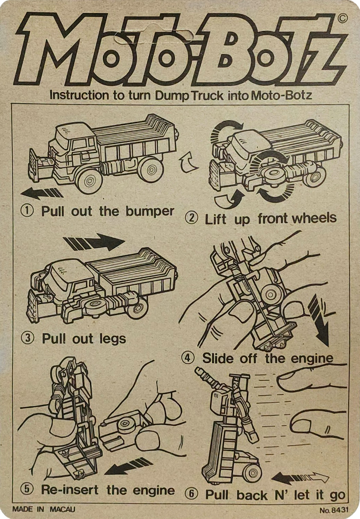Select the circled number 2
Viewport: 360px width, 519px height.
click(192, 218)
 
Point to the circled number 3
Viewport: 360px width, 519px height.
click(28, 339)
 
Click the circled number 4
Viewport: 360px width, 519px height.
click(188, 358)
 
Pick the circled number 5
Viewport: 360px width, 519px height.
click(27, 490)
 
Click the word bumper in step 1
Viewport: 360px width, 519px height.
click(150, 211)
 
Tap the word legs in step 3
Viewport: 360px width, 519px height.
click(113, 339)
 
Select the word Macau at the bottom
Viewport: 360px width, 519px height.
click(62, 509)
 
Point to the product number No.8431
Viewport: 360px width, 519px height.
click(334, 509)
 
